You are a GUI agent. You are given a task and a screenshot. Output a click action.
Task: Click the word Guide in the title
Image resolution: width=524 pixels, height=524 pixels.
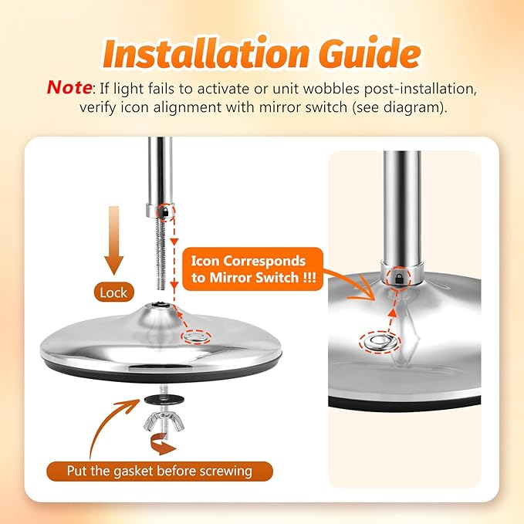click(x=370, y=53)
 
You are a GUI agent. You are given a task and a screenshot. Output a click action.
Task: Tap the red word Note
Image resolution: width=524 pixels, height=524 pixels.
click(x=69, y=88)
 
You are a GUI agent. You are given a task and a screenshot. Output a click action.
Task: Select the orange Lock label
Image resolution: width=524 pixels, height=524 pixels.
click(x=113, y=292)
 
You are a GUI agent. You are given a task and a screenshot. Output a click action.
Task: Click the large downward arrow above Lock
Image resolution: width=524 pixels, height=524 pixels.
click(x=114, y=241)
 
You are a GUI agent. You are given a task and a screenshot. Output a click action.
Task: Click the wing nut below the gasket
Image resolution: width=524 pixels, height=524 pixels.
click(x=164, y=421)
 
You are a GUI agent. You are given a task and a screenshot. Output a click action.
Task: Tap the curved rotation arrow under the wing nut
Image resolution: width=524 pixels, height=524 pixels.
click(x=163, y=445)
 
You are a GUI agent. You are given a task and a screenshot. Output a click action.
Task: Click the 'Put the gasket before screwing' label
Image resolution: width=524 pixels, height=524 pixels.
click(x=160, y=472)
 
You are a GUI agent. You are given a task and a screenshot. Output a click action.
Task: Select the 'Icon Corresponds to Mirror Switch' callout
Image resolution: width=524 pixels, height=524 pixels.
click(x=252, y=269)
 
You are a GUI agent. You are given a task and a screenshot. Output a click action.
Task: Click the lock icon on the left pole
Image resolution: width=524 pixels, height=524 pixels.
click(x=164, y=211)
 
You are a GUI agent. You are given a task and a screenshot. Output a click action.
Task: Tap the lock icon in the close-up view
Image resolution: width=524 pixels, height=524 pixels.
click(x=399, y=278)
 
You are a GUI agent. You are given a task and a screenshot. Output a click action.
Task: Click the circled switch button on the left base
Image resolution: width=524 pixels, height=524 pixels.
click(x=196, y=336)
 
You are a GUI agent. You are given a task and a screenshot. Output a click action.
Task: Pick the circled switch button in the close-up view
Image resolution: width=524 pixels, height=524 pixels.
click(x=380, y=342)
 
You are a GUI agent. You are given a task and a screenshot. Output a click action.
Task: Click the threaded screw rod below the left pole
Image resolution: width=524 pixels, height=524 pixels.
click(x=161, y=254)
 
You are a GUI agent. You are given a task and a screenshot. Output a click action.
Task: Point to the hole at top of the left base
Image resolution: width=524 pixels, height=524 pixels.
click(x=157, y=304)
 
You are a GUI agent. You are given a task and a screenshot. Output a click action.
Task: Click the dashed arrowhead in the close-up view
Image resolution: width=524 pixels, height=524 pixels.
click(x=393, y=313)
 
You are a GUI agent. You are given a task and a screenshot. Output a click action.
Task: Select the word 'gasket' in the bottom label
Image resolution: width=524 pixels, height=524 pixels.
click(x=134, y=472)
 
